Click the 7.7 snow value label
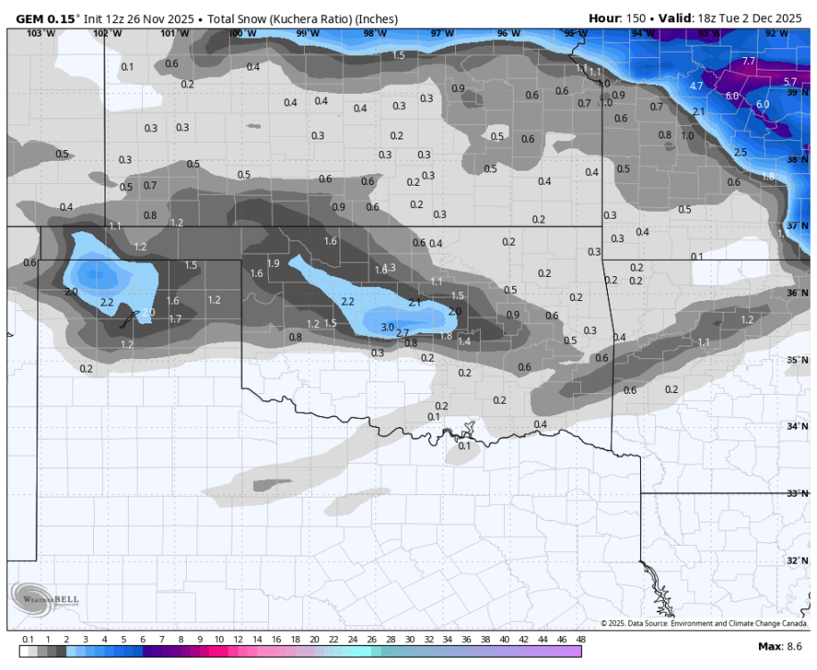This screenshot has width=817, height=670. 749,62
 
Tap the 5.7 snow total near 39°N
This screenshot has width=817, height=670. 790,81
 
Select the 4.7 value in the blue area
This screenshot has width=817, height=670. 697,86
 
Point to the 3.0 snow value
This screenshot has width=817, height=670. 387,328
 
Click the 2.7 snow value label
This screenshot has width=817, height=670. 402,332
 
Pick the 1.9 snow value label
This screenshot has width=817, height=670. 274,263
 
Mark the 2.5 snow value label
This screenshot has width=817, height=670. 740,153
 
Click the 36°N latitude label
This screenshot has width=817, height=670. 798,292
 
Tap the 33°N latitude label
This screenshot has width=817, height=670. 798,493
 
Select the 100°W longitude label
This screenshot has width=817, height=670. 236,34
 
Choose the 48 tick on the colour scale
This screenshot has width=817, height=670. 580,639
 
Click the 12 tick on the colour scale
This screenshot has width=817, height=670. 239,639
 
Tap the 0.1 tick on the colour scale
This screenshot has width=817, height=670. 27,639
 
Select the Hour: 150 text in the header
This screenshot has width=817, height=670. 615,18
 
